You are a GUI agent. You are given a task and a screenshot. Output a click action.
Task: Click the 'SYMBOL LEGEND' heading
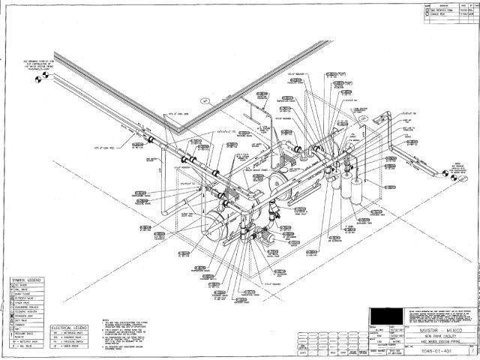pyautogui.click(x=25, y=280)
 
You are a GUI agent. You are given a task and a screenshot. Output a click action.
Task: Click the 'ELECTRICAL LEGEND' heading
pyautogui.click(x=70, y=328)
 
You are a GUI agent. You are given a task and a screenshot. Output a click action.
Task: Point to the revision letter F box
pyautogui.click(x=470, y=349)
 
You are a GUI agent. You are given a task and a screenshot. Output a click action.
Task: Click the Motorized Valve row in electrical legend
pyautogui.click(x=70, y=334)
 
